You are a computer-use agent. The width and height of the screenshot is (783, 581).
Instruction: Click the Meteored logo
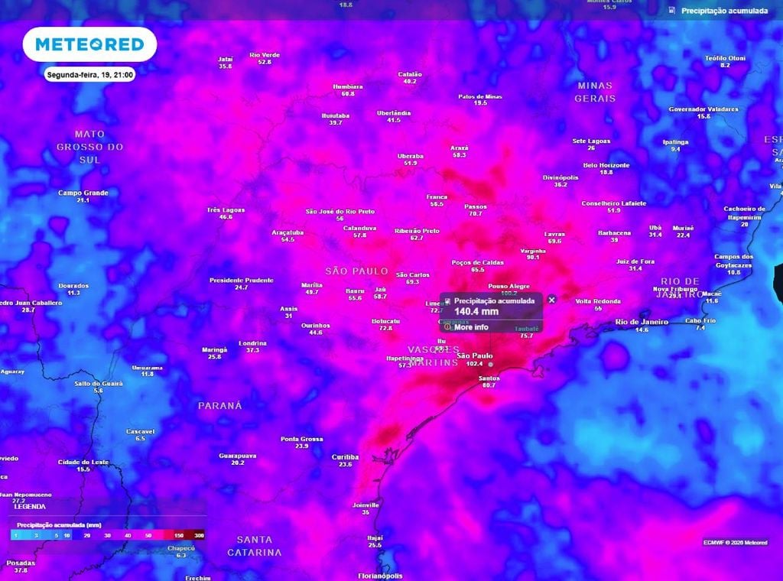click(x=89, y=45)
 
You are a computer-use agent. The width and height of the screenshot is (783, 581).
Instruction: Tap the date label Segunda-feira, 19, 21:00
click(x=90, y=75)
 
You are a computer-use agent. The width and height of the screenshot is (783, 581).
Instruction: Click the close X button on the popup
click(x=552, y=300)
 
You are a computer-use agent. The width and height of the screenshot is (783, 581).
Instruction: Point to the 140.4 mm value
click(x=476, y=312)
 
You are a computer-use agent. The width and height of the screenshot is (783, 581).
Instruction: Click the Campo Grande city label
click(x=83, y=193)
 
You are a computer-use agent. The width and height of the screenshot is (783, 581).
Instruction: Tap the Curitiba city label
click(x=346, y=456)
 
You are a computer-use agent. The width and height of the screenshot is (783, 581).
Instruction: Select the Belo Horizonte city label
click(x=606, y=165)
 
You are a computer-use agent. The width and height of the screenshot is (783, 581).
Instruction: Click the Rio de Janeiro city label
click(x=642, y=322)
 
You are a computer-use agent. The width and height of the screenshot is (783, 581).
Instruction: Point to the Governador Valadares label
click(x=703, y=109)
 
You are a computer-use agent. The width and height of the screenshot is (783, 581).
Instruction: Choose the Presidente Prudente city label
click(x=242, y=281)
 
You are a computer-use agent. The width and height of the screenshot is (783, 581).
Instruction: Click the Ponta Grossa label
click(x=302, y=439)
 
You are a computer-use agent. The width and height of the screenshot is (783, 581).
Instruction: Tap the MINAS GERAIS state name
click(x=595, y=92)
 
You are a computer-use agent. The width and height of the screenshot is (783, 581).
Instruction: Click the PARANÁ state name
click(x=219, y=405)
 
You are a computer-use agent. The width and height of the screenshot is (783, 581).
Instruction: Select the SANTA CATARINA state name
click(x=255, y=546)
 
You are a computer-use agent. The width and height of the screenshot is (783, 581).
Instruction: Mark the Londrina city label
click(x=252, y=342)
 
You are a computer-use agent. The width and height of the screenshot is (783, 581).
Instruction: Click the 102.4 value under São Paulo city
click(x=475, y=364)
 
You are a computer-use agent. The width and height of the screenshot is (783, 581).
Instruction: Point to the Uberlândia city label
click(x=394, y=113)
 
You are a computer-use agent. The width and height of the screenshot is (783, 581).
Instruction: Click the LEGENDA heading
click(x=30, y=506)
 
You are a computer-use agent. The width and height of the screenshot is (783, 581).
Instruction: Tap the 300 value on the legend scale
click(x=199, y=535)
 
